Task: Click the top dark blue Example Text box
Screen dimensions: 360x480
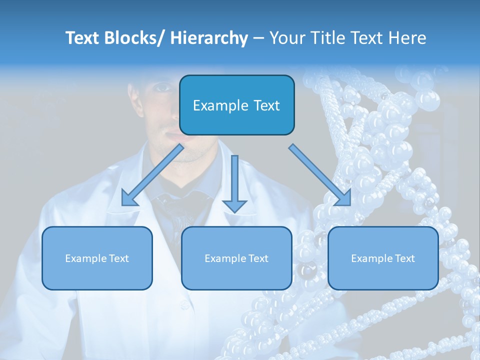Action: [236, 105]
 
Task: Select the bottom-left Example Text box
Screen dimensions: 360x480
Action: [97, 258]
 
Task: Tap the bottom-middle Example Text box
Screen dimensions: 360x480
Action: [236, 258]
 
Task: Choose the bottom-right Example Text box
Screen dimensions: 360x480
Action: [383, 258]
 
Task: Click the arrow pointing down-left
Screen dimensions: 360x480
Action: [152, 175]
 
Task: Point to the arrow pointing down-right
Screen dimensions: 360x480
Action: [320, 175]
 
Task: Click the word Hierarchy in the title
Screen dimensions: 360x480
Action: [209, 38]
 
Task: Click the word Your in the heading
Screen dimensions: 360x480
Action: [286, 38]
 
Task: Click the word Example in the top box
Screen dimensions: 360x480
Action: [220, 105]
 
